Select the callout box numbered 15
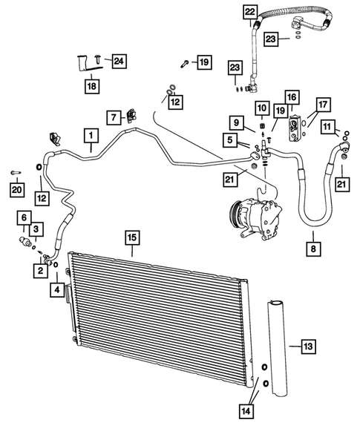131,238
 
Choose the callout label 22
250,11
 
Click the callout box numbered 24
118,61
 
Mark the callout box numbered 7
114,117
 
